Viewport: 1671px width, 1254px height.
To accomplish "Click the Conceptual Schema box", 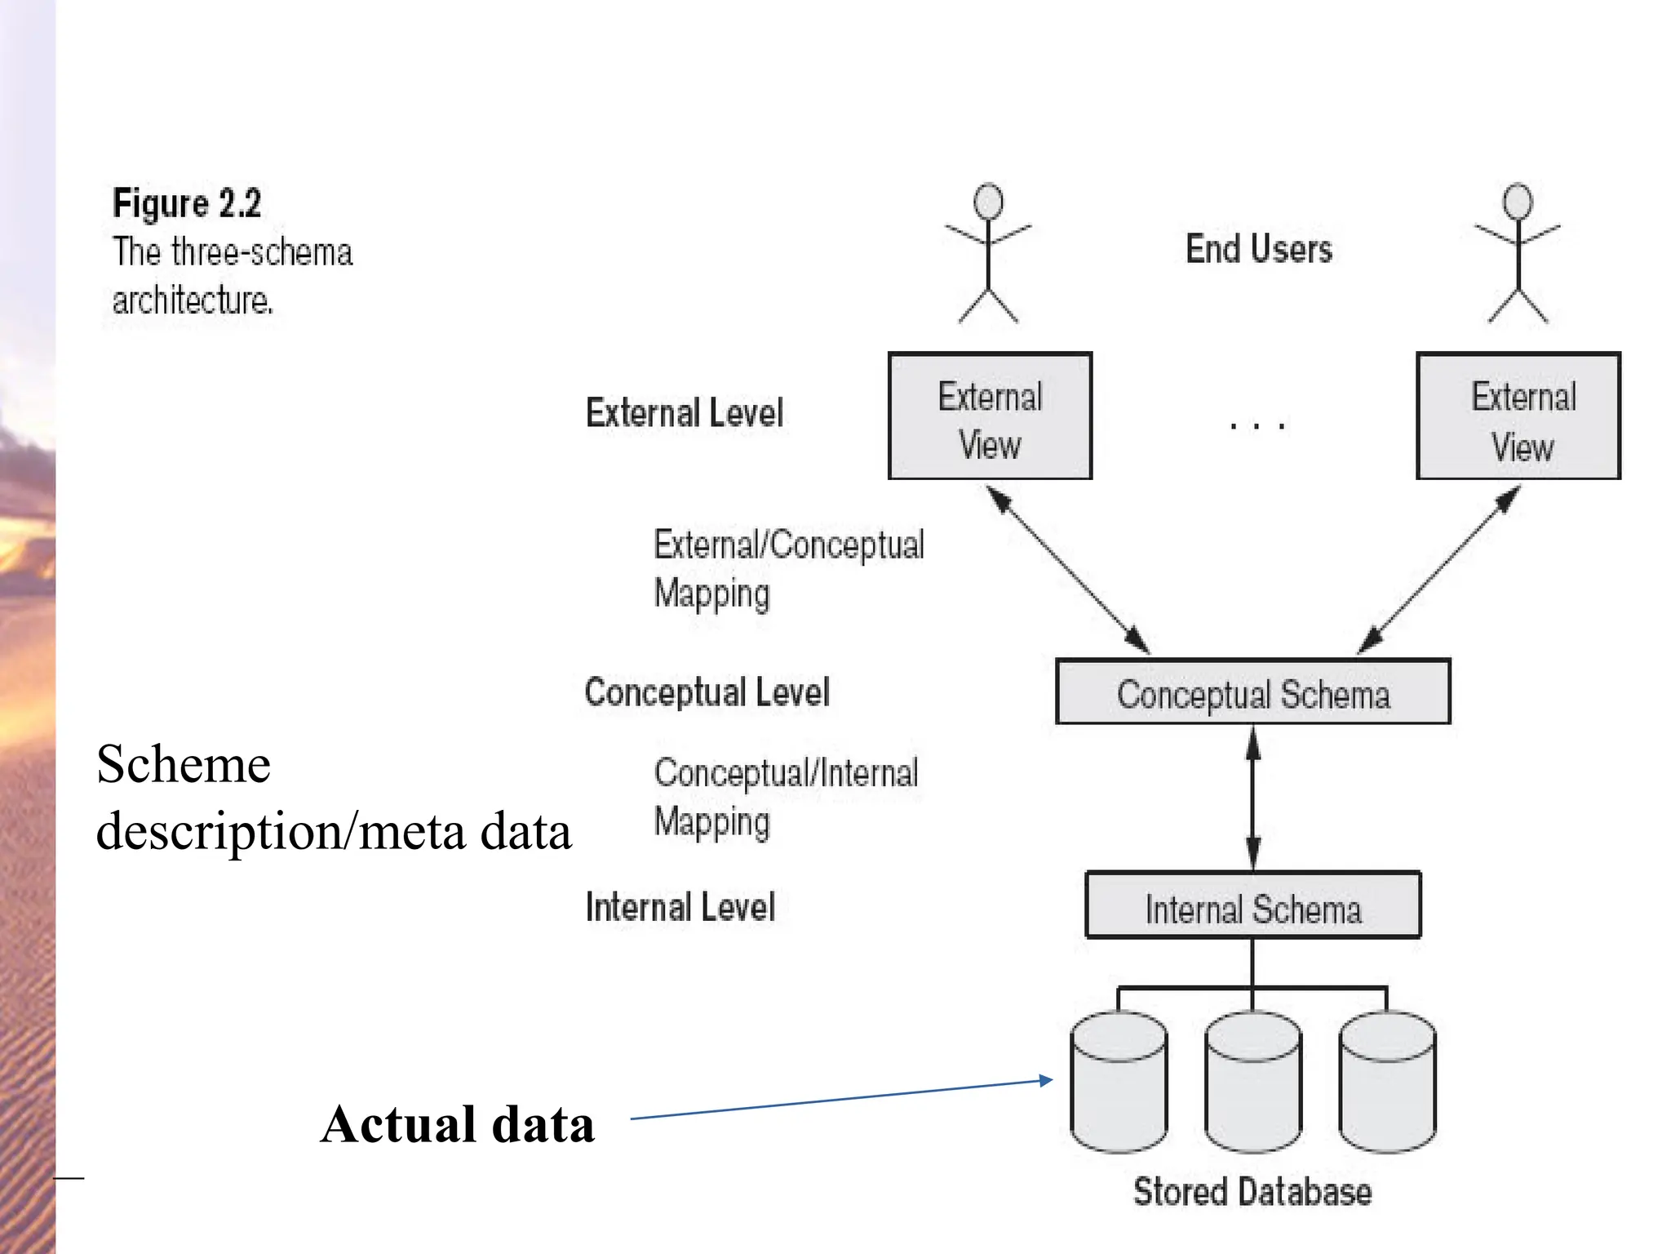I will coord(1252,692).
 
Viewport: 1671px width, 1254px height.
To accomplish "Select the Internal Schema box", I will coord(1252,905).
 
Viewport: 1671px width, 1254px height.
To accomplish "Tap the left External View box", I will coord(990,416).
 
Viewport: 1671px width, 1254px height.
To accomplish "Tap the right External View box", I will coord(1518,416).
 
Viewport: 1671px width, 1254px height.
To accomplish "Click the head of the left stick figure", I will coord(988,201).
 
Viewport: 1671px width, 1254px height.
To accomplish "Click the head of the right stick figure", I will coord(1518,201).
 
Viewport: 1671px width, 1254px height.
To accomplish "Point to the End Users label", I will coord(1258,249).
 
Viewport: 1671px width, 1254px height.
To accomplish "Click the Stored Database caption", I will coord(1252,1192).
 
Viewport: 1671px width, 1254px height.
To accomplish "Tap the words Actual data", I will coord(457,1125).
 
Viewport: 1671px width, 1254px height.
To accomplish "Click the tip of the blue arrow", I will coord(1050,1080).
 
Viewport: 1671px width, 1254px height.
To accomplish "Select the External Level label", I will coord(684,412).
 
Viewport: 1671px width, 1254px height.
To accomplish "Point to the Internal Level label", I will coord(680,907).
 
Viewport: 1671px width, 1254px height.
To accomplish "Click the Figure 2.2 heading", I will coord(187,202).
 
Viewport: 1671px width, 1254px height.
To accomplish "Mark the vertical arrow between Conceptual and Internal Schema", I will coord(1253,798).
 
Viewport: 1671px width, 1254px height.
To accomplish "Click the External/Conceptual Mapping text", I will coord(787,568).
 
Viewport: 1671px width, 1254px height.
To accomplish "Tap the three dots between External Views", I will coord(1257,425).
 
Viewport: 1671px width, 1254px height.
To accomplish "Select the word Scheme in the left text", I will coord(183,765).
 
